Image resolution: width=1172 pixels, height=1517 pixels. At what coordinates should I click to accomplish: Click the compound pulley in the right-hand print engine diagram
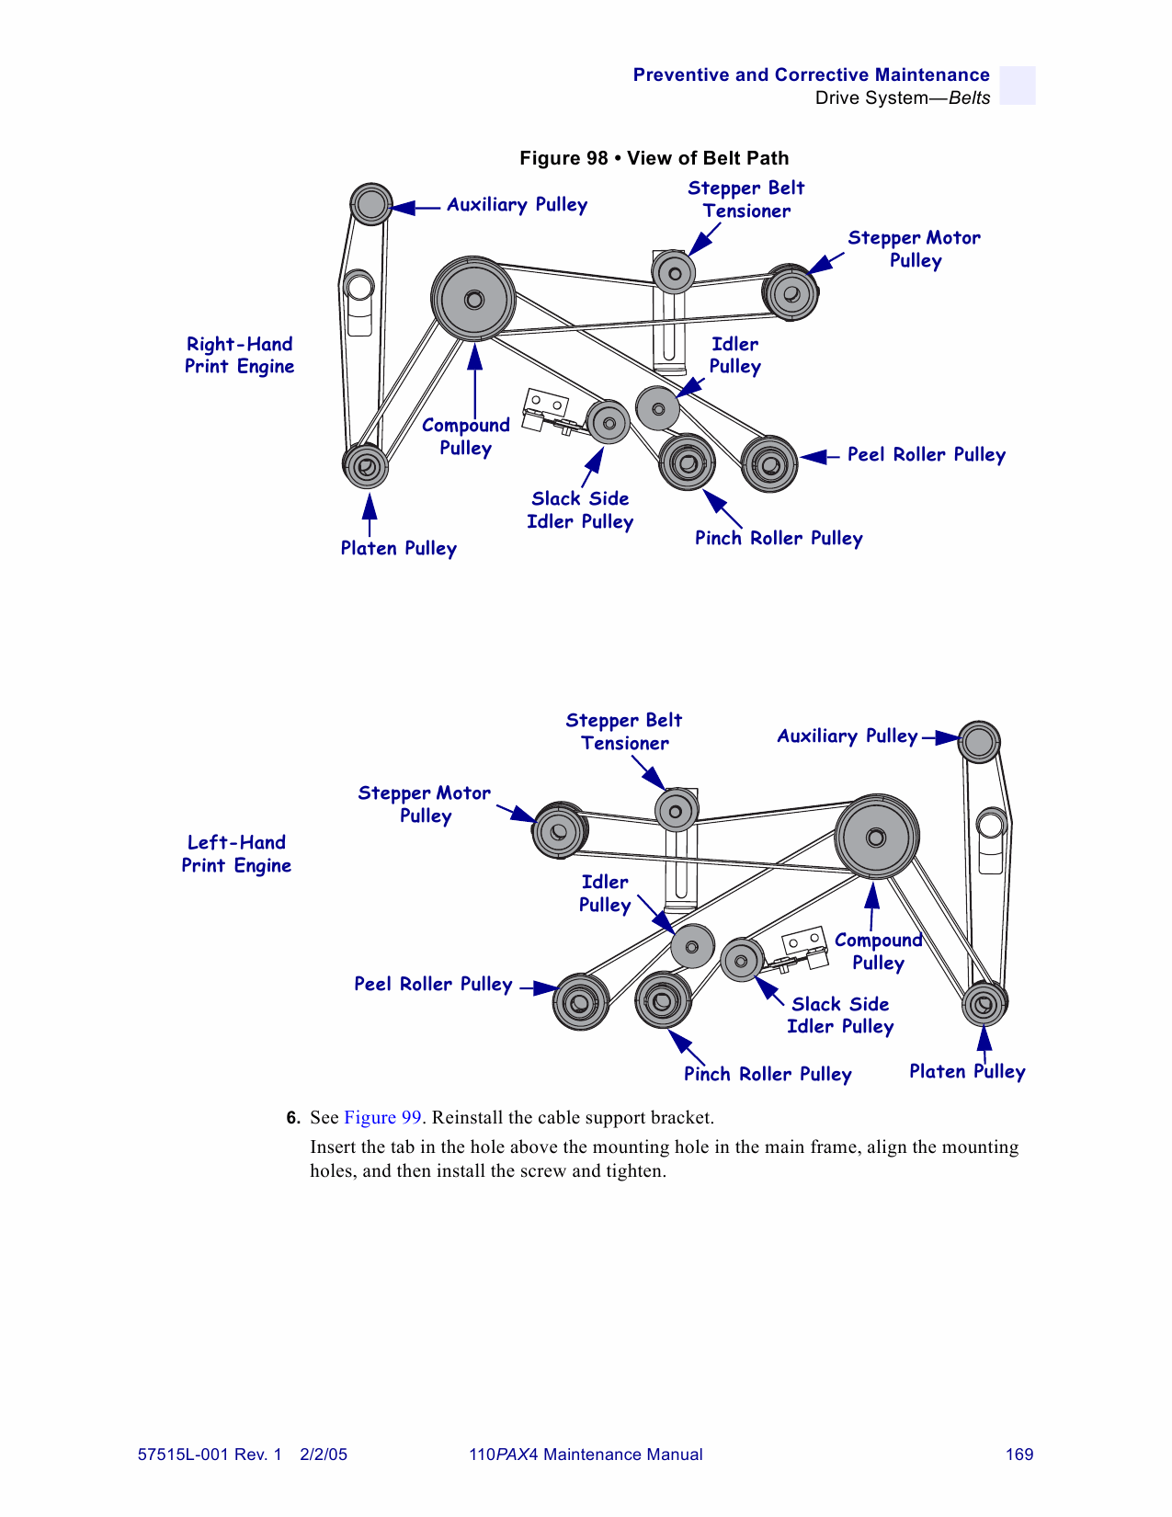tap(473, 299)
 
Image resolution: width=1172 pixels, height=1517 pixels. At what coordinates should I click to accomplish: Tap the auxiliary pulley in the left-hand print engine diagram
tap(979, 742)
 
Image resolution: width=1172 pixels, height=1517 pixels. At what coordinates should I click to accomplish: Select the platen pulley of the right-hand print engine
tap(366, 466)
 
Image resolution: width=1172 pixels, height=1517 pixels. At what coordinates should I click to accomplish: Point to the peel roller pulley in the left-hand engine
tap(580, 1002)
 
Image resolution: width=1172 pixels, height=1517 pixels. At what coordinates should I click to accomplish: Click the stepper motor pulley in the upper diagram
tap(791, 293)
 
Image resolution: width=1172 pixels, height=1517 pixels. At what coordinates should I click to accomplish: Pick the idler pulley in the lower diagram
tap(692, 946)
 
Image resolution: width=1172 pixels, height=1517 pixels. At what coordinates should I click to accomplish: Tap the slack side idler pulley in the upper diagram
tap(608, 423)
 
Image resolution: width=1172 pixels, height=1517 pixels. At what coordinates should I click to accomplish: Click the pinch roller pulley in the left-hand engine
tap(663, 999)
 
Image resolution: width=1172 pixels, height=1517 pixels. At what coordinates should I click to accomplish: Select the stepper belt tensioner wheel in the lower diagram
tap(676, 811)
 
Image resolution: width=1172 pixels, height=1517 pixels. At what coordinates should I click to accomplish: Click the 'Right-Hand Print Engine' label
tap(239, 355)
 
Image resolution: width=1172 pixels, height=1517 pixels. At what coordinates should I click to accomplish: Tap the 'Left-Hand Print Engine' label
tap(236, 854)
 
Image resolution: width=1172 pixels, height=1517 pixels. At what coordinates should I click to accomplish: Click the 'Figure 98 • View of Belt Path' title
tap(654, 158)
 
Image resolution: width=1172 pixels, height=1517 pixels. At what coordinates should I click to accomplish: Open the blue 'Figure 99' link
tap(382, 1118)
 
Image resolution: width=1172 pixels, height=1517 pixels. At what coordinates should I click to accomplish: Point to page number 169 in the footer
tap(1019, 1454)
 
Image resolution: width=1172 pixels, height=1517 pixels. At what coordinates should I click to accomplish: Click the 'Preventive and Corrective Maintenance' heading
tap(811, 75)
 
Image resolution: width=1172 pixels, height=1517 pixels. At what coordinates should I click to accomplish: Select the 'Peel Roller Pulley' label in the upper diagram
tap(926, 454)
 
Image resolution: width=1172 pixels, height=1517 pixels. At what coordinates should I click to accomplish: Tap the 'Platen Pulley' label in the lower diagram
tap(967, 1072)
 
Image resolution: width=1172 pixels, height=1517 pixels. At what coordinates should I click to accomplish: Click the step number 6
tap(292, 1118)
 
